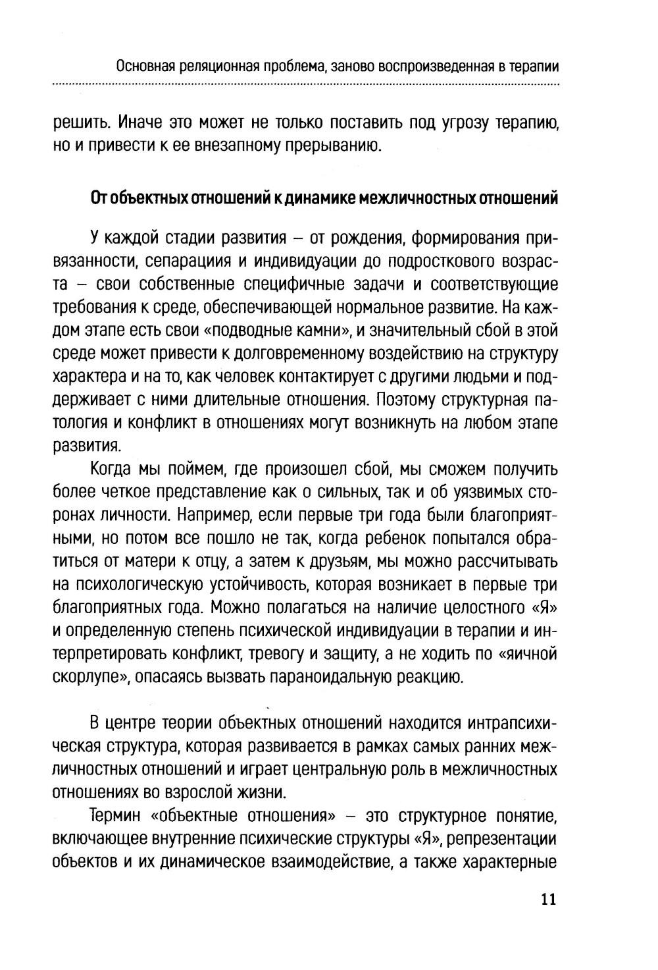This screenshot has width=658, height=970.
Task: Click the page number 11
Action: [x=548, y=900]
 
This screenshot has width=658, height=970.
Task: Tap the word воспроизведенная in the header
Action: [x=438, y=67]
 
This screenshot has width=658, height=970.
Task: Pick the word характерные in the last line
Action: [x=511, y=863]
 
